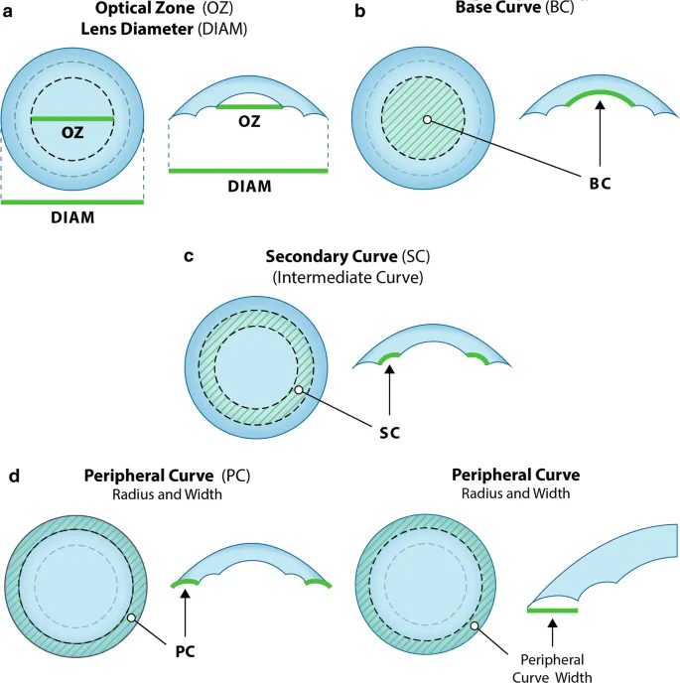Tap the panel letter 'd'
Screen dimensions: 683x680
14,476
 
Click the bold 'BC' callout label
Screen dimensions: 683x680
600,185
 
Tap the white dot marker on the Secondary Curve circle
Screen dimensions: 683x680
299,390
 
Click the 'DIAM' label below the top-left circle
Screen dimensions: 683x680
71,217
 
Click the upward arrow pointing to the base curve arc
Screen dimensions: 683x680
600,136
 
